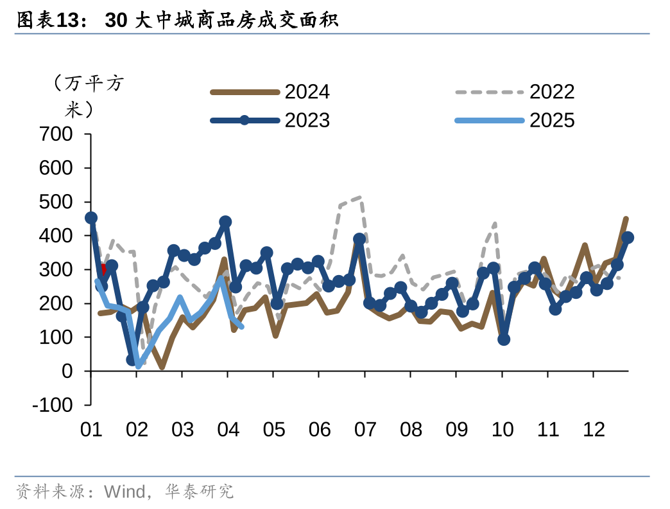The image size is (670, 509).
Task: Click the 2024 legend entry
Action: (x=307, y=92)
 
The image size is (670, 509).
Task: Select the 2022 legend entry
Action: (x=552, y=92)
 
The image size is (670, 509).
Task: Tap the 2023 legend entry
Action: (x=307, y=120)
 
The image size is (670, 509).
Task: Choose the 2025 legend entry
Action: (x=552, y=120)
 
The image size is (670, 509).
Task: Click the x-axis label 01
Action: (x=91, y=429)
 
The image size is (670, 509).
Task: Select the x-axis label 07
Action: (x=365, y=429)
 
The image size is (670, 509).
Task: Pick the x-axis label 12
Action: (x=594, y=429)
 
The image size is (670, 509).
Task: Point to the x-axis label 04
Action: (x=228, y=429)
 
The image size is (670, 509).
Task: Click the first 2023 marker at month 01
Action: (x=91, y=218)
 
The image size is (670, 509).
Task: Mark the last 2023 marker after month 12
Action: (x=628, y=238)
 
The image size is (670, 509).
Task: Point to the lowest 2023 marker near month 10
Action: (x=504, y=339)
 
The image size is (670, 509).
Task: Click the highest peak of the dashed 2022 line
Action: (x=359, y=197)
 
